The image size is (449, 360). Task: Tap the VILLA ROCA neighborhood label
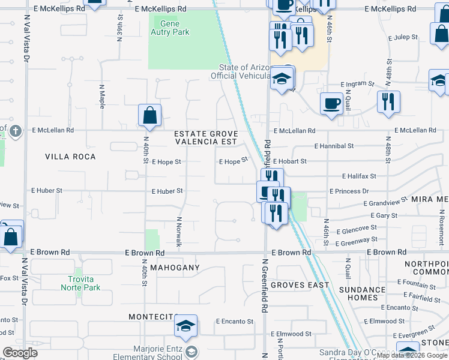tap(70, 157)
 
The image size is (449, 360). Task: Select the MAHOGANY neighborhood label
tap(175, 267)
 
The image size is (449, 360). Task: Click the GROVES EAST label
tap(300, 285)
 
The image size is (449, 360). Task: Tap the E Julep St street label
tap(405, 37)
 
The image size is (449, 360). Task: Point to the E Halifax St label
tap(359, 176)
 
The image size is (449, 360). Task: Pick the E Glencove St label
tap(357, 229)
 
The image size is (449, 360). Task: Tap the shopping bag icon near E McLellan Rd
tap(149, 115)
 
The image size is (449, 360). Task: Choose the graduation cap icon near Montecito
tap(185, 325)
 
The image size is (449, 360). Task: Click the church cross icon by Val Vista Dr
tap(16, 130)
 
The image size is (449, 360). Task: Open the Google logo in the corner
tap(20, 353)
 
